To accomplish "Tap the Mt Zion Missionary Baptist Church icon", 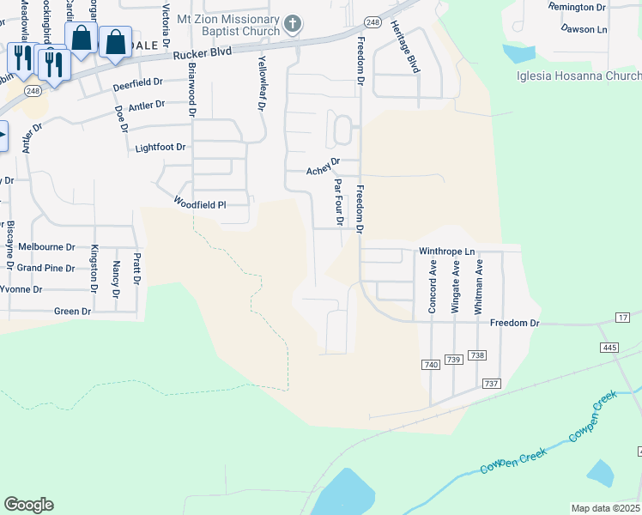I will point(294,24).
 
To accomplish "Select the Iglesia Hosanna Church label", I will point(578,76).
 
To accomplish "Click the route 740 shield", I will point(431,366).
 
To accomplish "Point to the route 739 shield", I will point(454,359).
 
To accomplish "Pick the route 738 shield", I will point(478,355).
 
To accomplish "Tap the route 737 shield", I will point(492,384).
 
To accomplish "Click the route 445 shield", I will point(609,348).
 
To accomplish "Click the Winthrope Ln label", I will point(446,251).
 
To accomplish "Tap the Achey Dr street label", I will point(324,170).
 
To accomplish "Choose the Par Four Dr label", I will point(339,202).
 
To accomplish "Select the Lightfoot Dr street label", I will point(160,148).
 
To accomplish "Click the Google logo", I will point(28,505).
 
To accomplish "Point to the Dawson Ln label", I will point(584,28).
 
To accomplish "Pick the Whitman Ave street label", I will point(480,288).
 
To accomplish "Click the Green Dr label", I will point(72,312).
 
